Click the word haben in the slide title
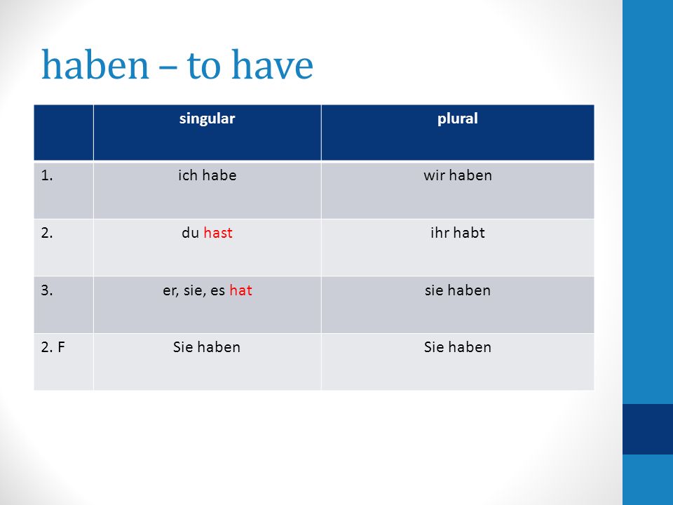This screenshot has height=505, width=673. tap(95, 65)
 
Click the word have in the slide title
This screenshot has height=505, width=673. tap(272, 65)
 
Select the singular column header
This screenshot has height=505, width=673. tap(207, 119)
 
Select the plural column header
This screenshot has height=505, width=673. tap(458, 119)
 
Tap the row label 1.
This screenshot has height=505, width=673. tap(47, 175)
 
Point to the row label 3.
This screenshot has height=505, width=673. tap(47, 290)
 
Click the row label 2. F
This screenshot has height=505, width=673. tap(53, 347)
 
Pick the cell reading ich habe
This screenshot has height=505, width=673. tap(208, 175)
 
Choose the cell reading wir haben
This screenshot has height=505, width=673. tap(458, 175)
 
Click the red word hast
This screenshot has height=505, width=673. tap(218, 233)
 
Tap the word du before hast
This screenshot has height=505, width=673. tap(190, 233)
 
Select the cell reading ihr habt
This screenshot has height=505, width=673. tap(458, 233)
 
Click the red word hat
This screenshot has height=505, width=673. tap(240, 290)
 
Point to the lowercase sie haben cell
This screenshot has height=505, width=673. tap(458, 290)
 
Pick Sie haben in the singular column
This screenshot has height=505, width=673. tap(207, 347)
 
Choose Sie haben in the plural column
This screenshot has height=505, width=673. tap(458, 347)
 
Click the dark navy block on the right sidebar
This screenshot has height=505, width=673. tap(648, 429)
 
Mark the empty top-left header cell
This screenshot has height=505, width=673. tap(64, 133)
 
